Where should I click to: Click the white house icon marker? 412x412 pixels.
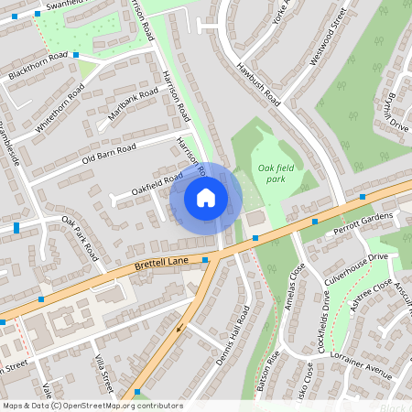[206, 197]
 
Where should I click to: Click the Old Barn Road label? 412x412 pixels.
[108, 152]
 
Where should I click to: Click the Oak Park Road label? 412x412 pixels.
[81, 238]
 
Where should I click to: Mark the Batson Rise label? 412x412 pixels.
[271, 371]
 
